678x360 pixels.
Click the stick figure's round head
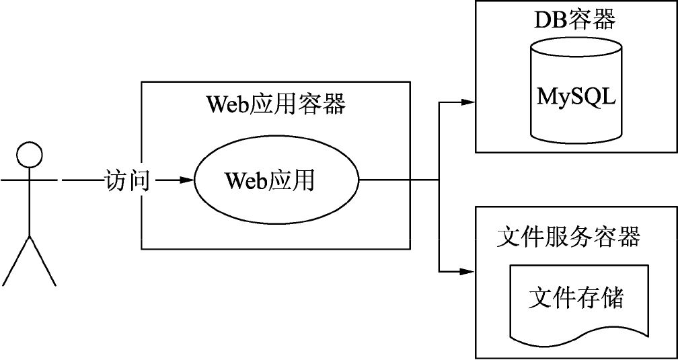29,155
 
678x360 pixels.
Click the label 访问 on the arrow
128,181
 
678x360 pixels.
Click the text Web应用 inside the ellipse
270,180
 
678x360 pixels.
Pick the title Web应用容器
276,104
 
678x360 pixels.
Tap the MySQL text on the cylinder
576,96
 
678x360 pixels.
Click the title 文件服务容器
568,237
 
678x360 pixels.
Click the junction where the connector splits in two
439,180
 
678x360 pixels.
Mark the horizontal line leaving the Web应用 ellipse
397,180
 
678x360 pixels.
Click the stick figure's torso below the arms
29,209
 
